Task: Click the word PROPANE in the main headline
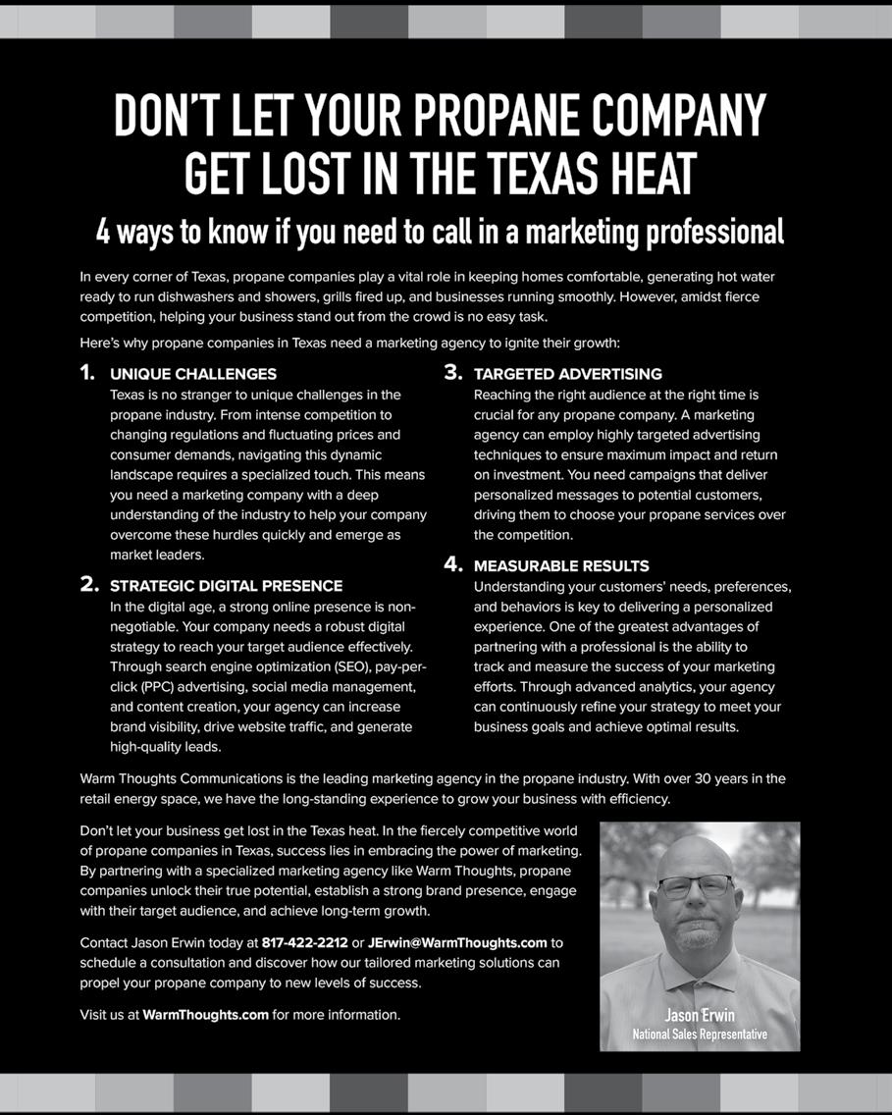pos(496,117)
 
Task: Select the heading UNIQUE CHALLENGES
pos(193,374)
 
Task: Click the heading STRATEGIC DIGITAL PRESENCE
pos(227,586)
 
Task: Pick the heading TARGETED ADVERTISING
pos(567,374)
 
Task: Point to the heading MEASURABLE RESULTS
pos(560,566)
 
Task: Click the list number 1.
pos(87,373)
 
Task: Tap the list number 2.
pos(88,585)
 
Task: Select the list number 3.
pos(452,373)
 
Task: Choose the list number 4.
pos(452,564)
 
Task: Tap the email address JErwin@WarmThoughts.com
pos(457,943)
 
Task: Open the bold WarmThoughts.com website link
pos(205,1015)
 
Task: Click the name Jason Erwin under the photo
pos(700,1015)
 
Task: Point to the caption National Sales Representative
pos(700,1034)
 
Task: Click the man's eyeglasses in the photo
pos(695,886)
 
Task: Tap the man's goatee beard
pos(698,935)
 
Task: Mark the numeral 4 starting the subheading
pos(103,232)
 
